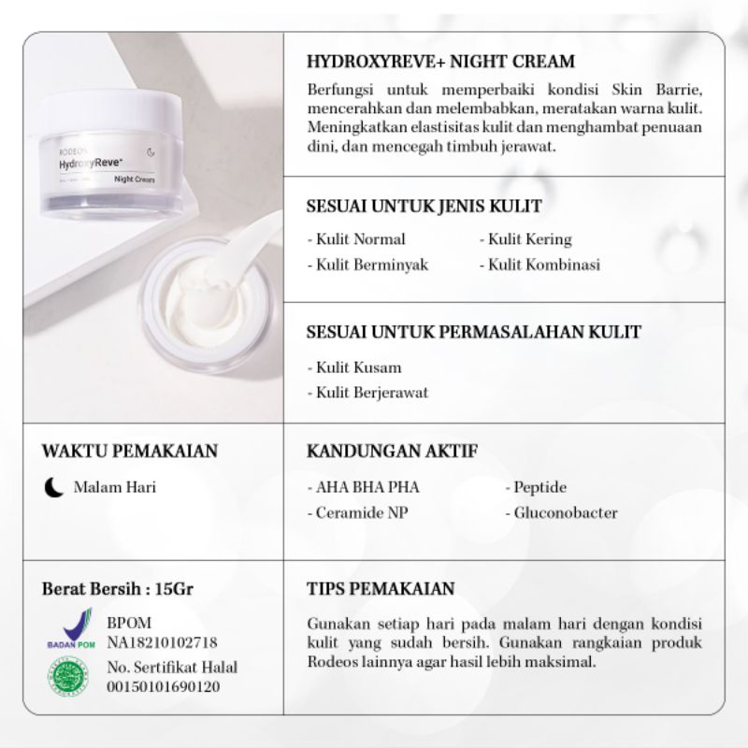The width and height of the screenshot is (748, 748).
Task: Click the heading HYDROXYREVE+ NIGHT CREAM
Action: (x=440, y=62)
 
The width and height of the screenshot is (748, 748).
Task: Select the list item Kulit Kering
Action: (x=529, y=239)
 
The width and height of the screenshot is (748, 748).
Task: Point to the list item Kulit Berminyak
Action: (x=367, y=265)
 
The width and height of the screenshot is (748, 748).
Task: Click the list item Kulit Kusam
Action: (x=354, y=367)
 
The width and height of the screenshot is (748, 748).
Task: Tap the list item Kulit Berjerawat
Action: (x=367, y=393)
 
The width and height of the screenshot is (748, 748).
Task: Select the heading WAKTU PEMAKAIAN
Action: (x=130, y=452)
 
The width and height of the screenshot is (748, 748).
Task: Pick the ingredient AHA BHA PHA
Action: (x=363, y=487)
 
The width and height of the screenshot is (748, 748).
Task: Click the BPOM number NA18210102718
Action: (x=163, y=642)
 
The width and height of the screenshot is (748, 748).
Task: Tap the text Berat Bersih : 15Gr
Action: (x=119, y=590)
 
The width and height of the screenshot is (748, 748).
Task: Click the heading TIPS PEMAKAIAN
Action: (x=381, y=589)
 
